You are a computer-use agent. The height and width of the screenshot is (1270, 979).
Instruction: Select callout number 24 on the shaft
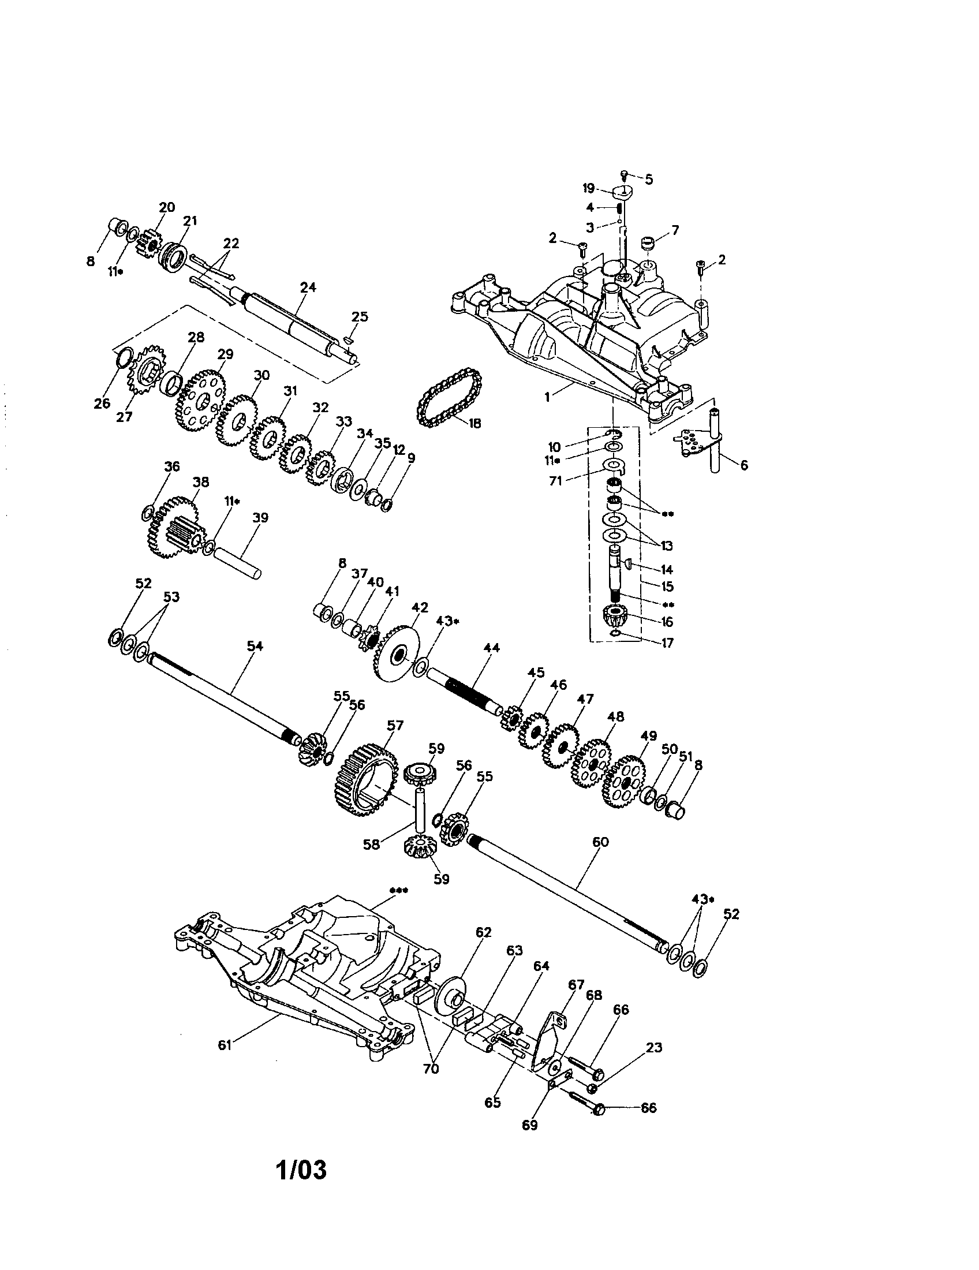tap(308, 287)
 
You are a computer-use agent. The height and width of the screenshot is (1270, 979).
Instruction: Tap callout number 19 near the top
tap(588, 188)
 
